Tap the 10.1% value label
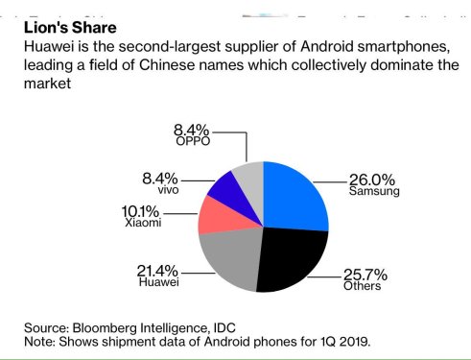pyautogui.click(x=142, y=211)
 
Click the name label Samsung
pyautogui.click(x=374, y=192)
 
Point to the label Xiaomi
pyautogui.click(x=143, y=224)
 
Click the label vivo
pyautogui.click(x=169, y=190)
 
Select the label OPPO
pyautogui.click(x=193, y=141)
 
